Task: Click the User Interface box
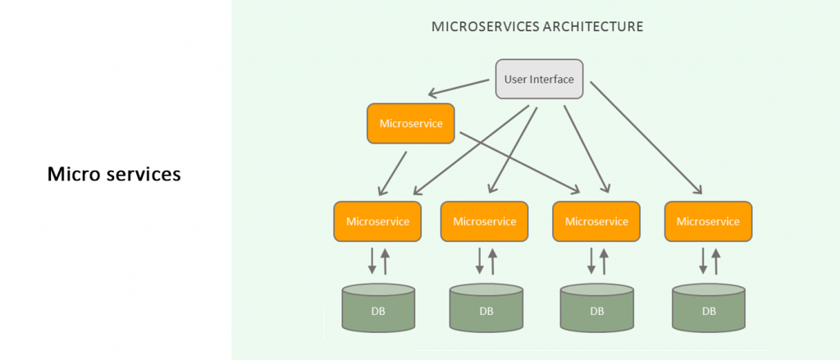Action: coord(539,80)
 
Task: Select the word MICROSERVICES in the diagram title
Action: coord(484,26)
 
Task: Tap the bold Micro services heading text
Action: coord(114,175)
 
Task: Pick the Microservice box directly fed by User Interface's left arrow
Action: coord(410,124)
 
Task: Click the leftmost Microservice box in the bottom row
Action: coord(378,221)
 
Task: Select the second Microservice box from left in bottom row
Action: coord(485,221)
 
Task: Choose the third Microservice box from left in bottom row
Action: coord(596,221)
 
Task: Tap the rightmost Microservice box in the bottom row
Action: coord(708,221)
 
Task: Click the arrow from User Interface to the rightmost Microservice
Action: coord(645,136)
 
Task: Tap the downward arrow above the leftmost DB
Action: coord(372,260)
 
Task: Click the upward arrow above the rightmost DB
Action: coord(716,260)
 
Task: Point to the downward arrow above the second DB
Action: coord(480,260)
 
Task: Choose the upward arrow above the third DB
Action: coord(605,260)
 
